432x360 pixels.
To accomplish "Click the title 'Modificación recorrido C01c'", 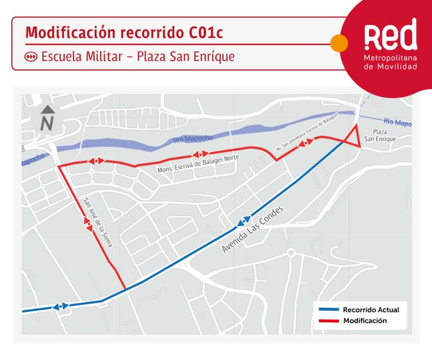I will (x=124, y=32).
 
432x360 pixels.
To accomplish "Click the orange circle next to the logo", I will (x=339, y=43).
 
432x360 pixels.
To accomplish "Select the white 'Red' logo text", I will (x=390, y=36).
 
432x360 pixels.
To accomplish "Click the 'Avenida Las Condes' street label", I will (x=252, y=230).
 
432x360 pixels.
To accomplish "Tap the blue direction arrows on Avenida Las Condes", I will (x=242, y=221).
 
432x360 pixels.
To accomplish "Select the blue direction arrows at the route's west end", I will (x=60, y=307).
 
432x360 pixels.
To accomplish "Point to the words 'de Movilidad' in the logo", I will (x=391, y=66).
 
